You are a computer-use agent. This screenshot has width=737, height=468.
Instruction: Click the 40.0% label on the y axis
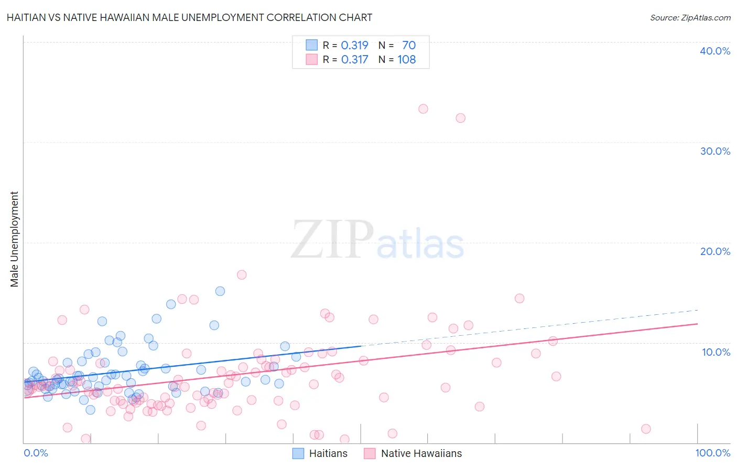tap(715, 51)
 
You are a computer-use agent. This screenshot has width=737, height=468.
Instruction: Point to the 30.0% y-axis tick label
tap(715, 151)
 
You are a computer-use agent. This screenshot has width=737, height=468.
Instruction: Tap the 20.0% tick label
tap(715, 251)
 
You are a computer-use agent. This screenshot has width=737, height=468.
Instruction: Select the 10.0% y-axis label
tap(716, 352)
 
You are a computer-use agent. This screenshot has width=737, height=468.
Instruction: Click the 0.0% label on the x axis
tap(36, 453)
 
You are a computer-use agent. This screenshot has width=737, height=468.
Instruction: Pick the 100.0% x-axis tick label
tap(712, 453)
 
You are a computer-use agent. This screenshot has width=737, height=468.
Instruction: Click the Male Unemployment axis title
tap(15, 239)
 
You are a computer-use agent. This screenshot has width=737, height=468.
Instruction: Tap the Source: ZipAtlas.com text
tap(690, 17)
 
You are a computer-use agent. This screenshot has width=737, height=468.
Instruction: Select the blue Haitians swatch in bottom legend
tap(298, 453)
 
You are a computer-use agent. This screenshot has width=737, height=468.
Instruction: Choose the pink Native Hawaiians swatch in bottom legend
tap(370, 453)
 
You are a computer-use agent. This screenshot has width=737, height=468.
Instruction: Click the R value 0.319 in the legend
tap(354, 45)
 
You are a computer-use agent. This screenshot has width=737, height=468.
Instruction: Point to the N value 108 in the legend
tap(406, 59)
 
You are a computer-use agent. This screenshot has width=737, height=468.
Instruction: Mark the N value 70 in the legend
tap(409, 45)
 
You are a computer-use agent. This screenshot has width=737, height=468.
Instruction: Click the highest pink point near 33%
tap(423, 109)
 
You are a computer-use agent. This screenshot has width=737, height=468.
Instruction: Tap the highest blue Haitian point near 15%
tap(220, 291)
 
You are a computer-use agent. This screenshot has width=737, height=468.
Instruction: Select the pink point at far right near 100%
tap(646, 429)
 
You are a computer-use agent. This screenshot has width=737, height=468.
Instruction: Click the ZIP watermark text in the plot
tap(332, 239)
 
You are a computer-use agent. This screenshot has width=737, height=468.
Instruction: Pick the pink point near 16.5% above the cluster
tap(242, 275)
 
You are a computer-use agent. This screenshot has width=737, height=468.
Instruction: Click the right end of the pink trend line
tap(697, 324)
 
